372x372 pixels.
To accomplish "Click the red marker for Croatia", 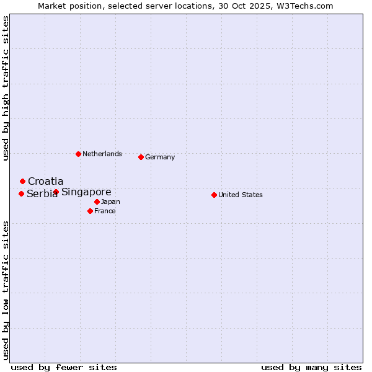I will coord(22,181).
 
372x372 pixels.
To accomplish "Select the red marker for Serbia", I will coord(21,193).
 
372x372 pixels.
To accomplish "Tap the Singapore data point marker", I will coord(56,192).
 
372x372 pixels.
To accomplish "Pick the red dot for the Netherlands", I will coord(78,154).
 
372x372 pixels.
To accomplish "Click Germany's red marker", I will coord(141,157).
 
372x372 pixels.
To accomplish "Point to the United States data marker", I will coord(214,195).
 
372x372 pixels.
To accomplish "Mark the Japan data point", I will coord(97,201).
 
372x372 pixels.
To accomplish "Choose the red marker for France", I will coord(90,211).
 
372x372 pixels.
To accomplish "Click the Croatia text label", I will coord(45,181).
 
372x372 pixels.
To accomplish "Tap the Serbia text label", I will coord(42,194).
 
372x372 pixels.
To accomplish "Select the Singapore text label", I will coord(86,192).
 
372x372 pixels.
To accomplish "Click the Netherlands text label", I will coord(102,154).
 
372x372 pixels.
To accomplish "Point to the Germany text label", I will coord(160,157).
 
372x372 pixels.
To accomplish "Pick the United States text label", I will coord(241,195).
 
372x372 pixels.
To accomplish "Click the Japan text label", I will coord(110,201).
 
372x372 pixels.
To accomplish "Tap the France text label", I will coord(105,211).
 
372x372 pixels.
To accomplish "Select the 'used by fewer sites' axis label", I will coord(64,367).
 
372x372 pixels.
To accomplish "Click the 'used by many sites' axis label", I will coord(311,367).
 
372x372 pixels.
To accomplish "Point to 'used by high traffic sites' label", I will coord(6,88).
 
